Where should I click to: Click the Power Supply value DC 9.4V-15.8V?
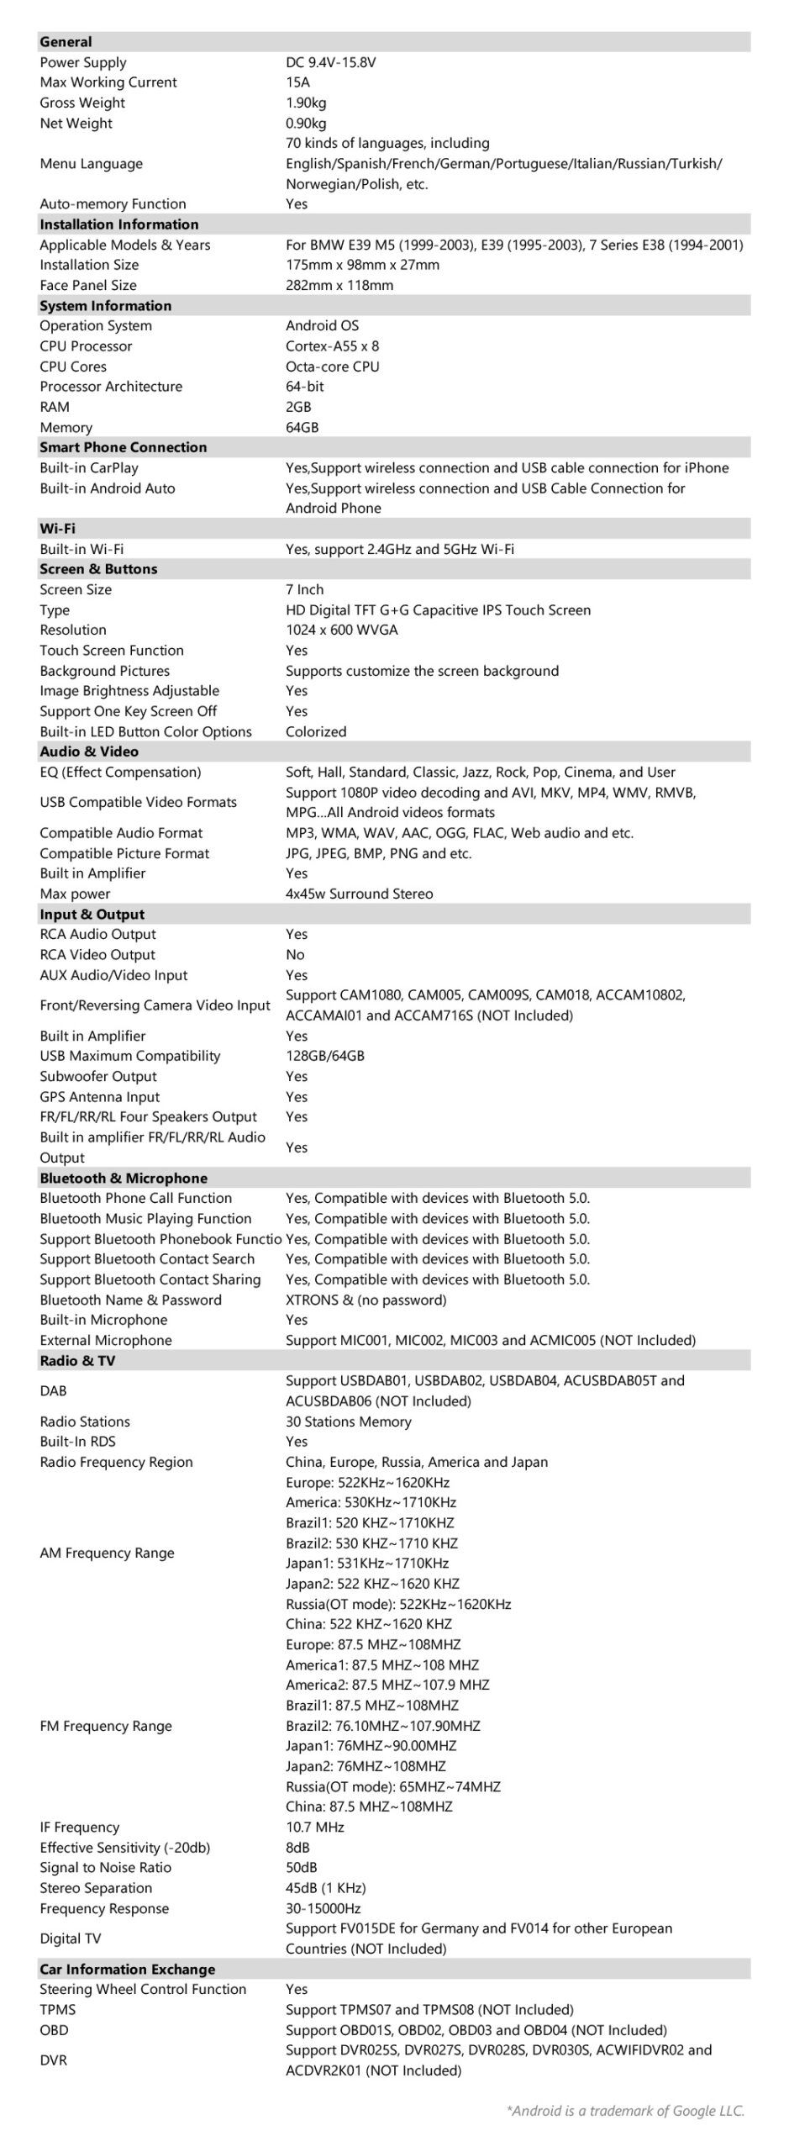pyautogui.click(x=330, y=62)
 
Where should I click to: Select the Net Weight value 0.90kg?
pyautogui.click(x=306, y=123)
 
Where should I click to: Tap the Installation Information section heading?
pyautogui.click(x=119, y=224)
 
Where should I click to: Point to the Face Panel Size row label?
pyautogui.click(x=88, y=285)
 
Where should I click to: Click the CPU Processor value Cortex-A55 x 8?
pyautogui.click(x=332, y=345)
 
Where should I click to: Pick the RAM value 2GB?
pyautogui.click(x=298, y=407)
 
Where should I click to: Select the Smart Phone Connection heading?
pyautogui.click(x=123, y=447)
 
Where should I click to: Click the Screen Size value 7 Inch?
pyautogui.click(x=304, y=589)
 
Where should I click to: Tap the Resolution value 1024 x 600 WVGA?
pyautogui.click(x=341, y=630)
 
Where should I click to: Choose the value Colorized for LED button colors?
pyautogui.click(x=316, y=731)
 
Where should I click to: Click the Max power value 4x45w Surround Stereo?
pyautogui.click(x=359, y=894)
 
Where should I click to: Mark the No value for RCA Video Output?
pyautogui.click(x=295, y=954)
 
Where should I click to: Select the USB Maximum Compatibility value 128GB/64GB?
pyautogui.click(x=324, y=1056)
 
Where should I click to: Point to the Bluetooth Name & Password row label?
pyautogui.click(x=130, y=1300)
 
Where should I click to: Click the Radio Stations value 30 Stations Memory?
pyautogui.click(x=348, y=1421)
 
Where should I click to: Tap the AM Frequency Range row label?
pyautogui.click(x=107, y=1553)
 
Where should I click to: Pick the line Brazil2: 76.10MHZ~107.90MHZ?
pyautogui.click(x=382, y=1726)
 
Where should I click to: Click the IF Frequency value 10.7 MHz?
pyautogui.click(x=314, y=1827)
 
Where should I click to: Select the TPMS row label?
pyautogui.click(x=57, y=2009)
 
